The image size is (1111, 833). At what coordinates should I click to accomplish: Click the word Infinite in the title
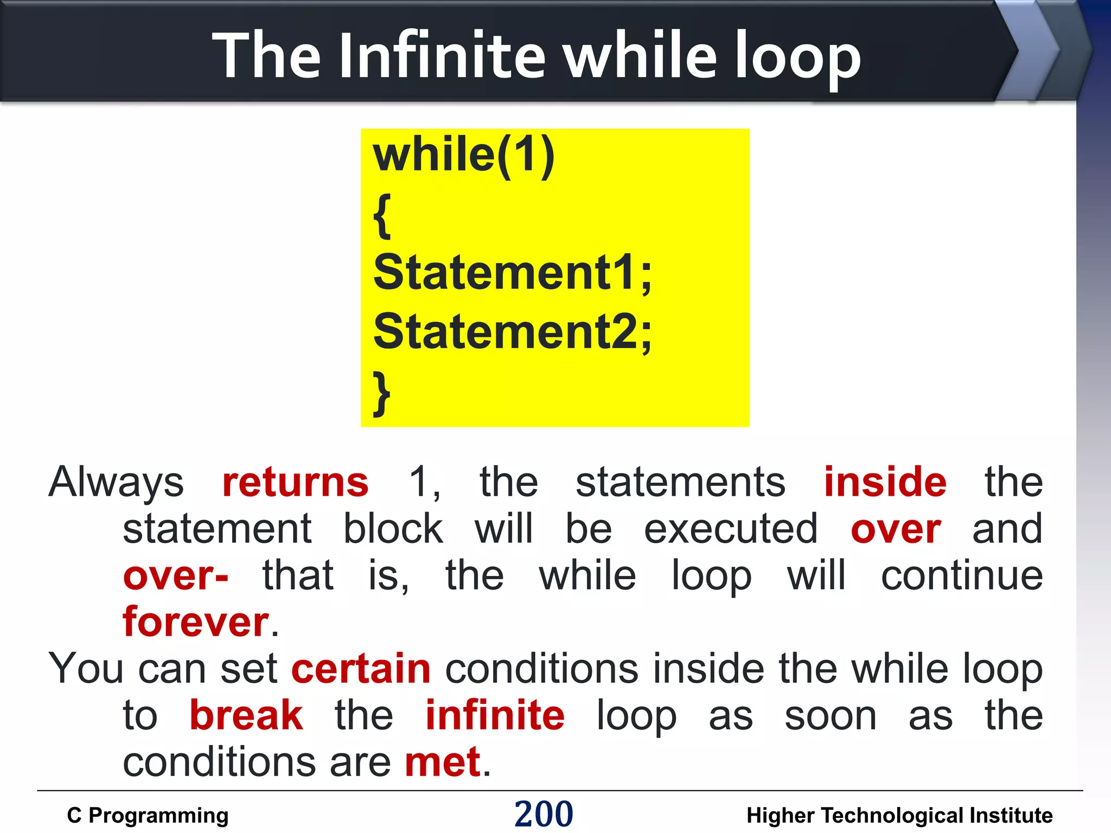click(x=442, y=55)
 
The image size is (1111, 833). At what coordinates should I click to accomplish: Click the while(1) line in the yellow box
click(x=464, y=156)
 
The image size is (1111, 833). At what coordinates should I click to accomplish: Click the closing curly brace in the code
click(x=382, y=393)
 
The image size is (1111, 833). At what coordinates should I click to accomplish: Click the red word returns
click(x=296, y=482)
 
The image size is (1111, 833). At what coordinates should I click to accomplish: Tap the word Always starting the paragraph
click(x=116, y=482)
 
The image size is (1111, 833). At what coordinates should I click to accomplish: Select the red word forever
click(x=196, y=622)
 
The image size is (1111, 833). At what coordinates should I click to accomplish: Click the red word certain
click(x=361, y=669)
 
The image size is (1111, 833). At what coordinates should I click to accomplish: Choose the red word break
click(x=246, y=716)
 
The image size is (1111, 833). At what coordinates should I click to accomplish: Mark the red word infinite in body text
click(x=495, y=716)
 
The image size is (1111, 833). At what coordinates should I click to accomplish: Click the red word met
click(x=443, y=762)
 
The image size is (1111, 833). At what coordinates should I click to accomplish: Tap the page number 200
click(x=544, y=814)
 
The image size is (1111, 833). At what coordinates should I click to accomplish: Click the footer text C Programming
click(x=148, y=816)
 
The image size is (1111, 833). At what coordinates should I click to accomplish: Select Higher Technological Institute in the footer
click(x=899, y=816)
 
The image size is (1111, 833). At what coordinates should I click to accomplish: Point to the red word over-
click(x=176, y=576)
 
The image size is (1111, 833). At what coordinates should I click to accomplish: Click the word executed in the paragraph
click(x=731, y=529)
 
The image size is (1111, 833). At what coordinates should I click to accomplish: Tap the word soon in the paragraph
click(x=831, y=716)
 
